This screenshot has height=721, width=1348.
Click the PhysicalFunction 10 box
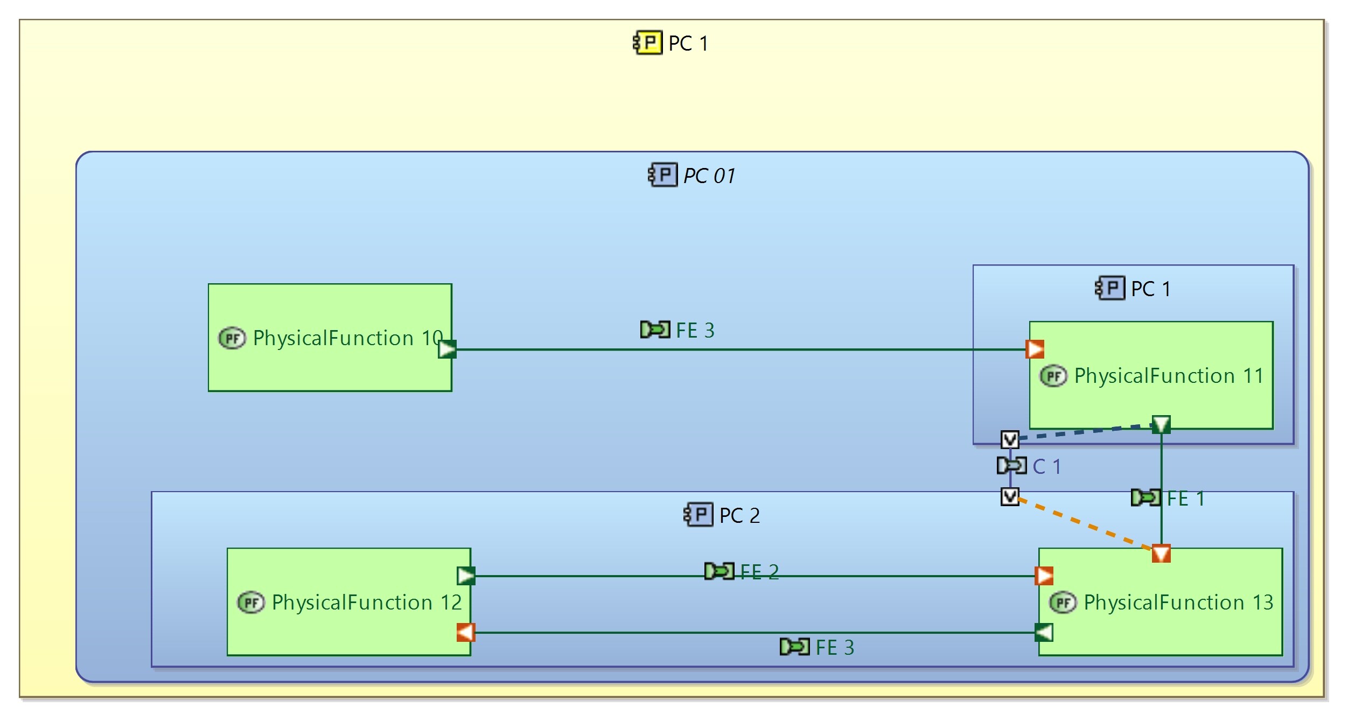(x=330, y=366)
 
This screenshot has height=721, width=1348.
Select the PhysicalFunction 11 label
(x=1169, y=376)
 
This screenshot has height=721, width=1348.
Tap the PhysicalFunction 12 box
(x=348, y=630)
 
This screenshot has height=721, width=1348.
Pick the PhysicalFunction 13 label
(x=1178, y=603)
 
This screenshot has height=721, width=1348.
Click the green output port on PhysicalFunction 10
(x=447, y=349)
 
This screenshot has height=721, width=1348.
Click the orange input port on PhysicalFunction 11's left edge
(x=1035, y=349)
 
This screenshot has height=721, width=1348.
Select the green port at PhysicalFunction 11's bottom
(x=1161, y=424)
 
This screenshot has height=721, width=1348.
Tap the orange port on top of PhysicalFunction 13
(x=1161, y=554)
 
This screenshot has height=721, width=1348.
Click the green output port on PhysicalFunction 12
(x=466, y=576)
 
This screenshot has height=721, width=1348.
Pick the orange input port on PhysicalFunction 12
(x=466, y=632)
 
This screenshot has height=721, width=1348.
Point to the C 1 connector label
(x=1046, y=466)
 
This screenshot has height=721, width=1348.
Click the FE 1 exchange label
(x=1185, y=499)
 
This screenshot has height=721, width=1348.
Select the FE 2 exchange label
(x=759, y=572)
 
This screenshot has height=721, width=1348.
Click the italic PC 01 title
(x=709, y=176)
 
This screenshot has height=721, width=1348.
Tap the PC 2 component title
(x=739, y=516)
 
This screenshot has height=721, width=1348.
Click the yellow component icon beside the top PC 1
(x=647, y=43)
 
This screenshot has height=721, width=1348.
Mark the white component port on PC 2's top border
(x=1010, y=496)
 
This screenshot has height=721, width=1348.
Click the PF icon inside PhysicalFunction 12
(x=251, y=603)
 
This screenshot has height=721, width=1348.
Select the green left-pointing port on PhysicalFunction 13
(x=1044, y=632)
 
